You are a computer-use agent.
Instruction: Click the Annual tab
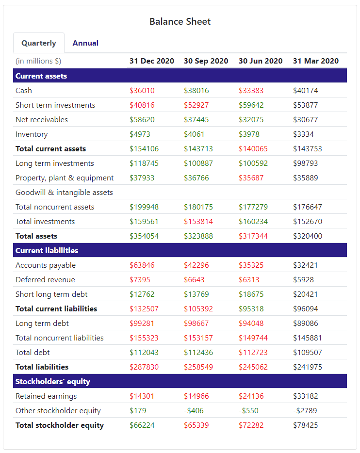(85, 43)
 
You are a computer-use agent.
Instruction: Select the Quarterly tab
(39, 43)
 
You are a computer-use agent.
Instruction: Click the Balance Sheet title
(180, 21)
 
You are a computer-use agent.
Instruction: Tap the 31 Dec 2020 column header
(151, 61)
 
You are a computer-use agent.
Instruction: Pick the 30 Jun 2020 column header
(261, 61)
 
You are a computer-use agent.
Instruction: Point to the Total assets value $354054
(144, 236)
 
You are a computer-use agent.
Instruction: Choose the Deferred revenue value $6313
(249, 280)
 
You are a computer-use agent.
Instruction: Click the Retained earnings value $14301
(142, 396)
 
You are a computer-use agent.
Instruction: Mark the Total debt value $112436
(198, 353)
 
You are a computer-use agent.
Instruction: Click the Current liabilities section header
(47, 251)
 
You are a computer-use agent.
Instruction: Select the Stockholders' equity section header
(53, 382)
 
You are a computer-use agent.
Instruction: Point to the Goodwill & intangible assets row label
(64, 193)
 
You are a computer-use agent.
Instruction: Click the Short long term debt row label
(51, 294)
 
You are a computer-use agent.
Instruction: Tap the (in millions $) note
(38, 61)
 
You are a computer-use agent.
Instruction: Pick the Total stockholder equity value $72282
(253, 425)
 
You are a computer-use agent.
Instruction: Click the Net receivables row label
(42, 120)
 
